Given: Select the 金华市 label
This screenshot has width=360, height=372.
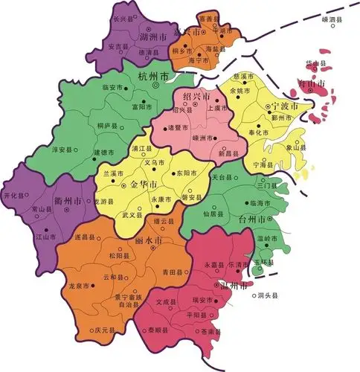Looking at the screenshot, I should point(143,184).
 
